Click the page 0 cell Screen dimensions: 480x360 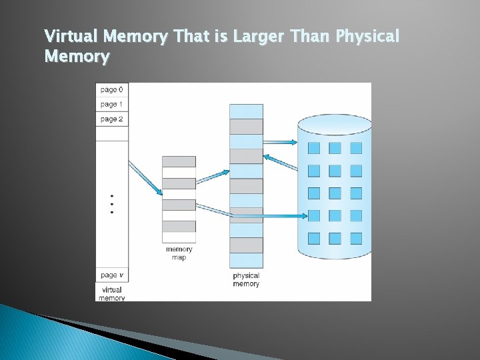[111, 90]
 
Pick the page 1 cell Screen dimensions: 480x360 [111, 105]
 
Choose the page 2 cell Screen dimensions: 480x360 [111, 119]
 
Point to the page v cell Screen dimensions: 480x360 [111, 275]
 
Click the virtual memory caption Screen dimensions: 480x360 [111, 294]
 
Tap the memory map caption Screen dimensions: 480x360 [179, 253]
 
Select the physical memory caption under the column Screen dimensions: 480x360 [246, 279]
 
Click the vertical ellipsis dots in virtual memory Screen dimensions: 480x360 [111, 204]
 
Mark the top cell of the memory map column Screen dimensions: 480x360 [179, 162]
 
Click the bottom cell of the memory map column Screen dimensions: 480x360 [179, 237]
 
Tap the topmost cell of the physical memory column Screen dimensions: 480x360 [246, 111]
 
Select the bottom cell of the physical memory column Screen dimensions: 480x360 [246, 260]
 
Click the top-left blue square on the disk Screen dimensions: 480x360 [314, 148]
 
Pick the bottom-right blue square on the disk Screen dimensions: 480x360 [356, 238]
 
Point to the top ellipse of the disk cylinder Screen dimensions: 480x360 [334, 125]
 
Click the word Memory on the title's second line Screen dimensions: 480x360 [76, 57]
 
